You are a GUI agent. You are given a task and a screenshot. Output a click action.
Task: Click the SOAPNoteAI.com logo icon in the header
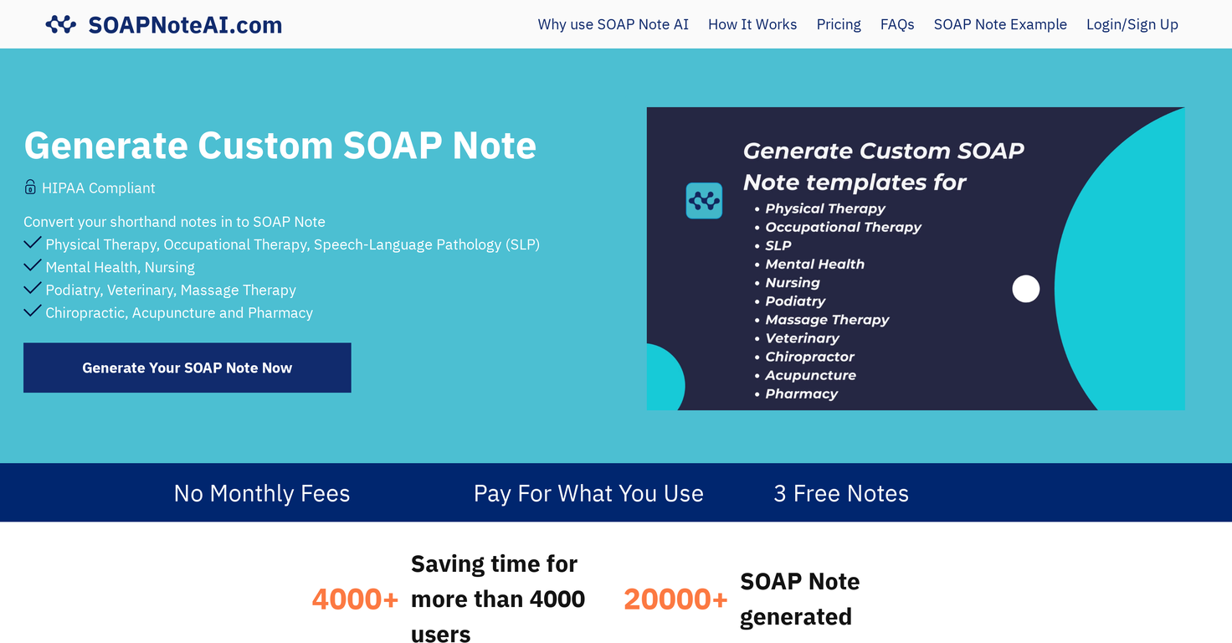pyautogui.click(x=61, y=25)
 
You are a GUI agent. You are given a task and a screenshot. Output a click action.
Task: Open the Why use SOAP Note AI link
pyautogui.click(x=613, y=24)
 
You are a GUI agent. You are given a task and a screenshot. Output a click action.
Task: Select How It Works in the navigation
pyautogui.click(x=752, y=24)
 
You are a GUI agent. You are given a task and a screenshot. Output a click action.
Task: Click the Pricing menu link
pyautogui.click(x=839, y=24)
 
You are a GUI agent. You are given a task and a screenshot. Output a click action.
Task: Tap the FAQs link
pyautogui.click(x=897, y=24)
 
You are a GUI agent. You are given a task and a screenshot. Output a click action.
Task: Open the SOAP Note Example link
pyautogui.click(x=1000, y=24)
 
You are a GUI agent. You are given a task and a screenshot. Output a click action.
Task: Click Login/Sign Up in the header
pyautogui.click(x=1132, y=24)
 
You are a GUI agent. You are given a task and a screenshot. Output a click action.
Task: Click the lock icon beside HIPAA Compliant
pyautogui.click(x=30, y=187)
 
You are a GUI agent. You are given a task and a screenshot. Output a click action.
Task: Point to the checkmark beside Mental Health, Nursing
pyautogui.click(x=33, y=266)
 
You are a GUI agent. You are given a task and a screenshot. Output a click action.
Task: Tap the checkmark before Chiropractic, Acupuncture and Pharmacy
pyautogui.click(x=33, y=311)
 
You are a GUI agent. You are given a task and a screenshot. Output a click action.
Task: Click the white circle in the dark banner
pyautogui.click(x=1025, y=289)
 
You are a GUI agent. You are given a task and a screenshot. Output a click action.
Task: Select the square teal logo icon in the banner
pyautogui.click(x=704, y=201)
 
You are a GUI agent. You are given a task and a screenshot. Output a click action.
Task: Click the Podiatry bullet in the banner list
pyautogui.click(x=794, y=301)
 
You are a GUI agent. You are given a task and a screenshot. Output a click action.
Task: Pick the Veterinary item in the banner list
pyautogui.click(x=802, y=338)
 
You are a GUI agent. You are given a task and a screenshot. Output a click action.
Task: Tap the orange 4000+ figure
pyautogui.click(x=355, y=599)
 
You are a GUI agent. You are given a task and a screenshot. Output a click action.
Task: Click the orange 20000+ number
pyautogui.click(x=675, y=599)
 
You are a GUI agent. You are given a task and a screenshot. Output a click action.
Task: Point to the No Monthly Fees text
pyautogui.click(x=262, y=493)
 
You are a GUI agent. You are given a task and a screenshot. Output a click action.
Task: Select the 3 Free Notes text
pyautogui.click(x=841, y=493)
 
